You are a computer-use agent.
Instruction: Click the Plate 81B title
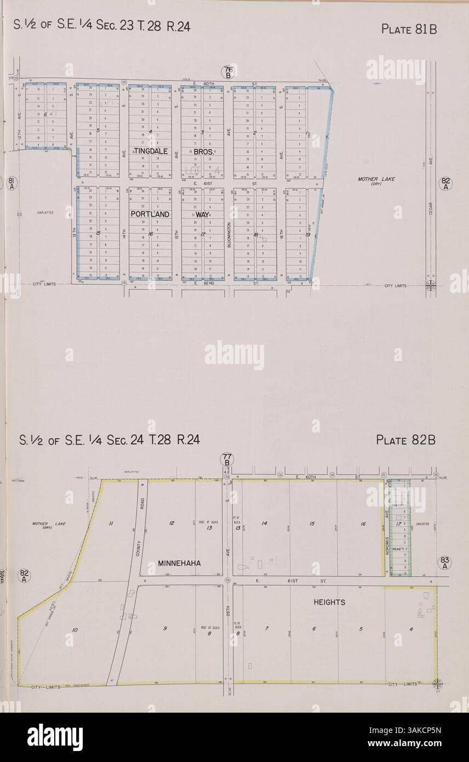[x=409, y=29]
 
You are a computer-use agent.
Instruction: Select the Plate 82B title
[x=406, y=440]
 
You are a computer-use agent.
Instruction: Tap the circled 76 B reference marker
[x=228, y=72]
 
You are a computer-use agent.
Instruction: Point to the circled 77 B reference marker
[x=226, y=459]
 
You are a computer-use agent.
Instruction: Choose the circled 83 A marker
[x=444, y=563]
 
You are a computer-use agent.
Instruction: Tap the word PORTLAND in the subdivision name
[x=150, y=214]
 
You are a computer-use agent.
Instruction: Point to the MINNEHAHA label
[x=179, y=563]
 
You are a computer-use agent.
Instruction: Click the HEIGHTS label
[x=329, y=602]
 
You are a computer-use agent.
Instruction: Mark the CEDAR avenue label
[x=432, y=207]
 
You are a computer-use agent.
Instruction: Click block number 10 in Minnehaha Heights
[x=75, y=630]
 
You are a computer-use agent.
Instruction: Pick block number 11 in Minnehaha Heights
[x=111, y=524]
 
